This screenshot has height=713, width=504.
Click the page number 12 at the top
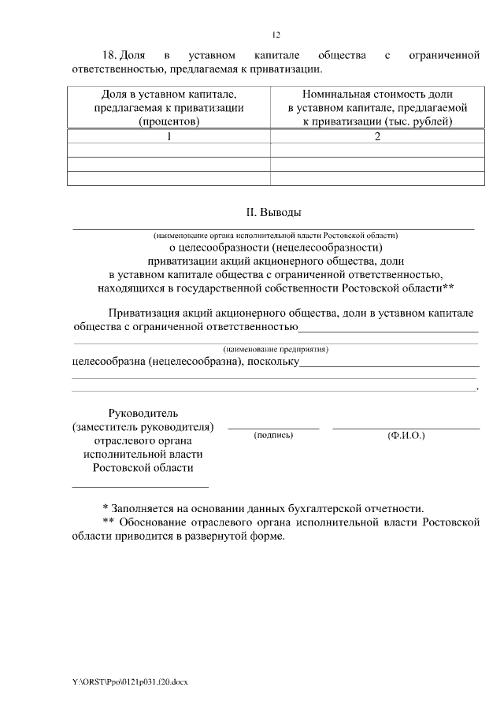[276, 35]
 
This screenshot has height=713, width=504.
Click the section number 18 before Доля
[109, 56]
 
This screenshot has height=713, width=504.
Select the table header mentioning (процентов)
[169, 108]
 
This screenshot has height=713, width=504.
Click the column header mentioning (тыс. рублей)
[377, 108]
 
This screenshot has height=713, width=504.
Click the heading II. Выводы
[274, 212]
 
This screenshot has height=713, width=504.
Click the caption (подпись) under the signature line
[273, 435]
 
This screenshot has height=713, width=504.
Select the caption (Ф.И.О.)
[406, 435]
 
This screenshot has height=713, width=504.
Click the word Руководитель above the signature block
[143, 413]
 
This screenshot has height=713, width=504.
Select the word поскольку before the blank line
[273, 361]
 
